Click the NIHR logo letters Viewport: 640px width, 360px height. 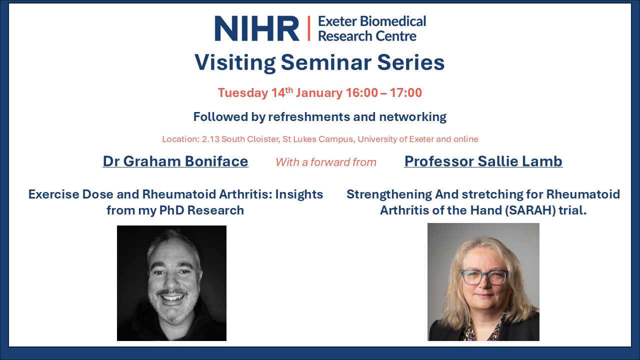pyautogui.click(x=257, y=28)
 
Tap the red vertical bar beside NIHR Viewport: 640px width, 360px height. pyautogui.click(x=309, y=28)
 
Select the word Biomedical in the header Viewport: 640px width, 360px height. pyautogui.click(x=393, y=21)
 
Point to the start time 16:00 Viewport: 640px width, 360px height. pyautogui.click(x=361, y=93)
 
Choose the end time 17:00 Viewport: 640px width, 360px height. pyautogui.click(x=406, y=93)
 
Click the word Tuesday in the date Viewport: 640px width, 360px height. pyautogui.click(x=243, y=93)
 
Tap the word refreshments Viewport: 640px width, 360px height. pyautogui.click(x=309, y=117)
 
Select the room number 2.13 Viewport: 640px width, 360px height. pyautogui.click(x=210, y=139)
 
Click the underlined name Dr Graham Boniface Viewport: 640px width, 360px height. pyautogui.click(x=175, y=161)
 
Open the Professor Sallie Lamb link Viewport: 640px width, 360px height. pyautogui.click(x=483, y=161)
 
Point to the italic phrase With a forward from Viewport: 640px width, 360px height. pyautogui.click(x=326, y=162)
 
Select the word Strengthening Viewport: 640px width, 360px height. pyautogui.click(x=389, y=194)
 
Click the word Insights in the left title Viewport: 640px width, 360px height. pyautogui.click(x=299, y=194)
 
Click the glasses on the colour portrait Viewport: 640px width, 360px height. pyautogui.click(x=484, y=277)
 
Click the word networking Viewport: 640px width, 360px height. pyautogui.click(x=412, y=117)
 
